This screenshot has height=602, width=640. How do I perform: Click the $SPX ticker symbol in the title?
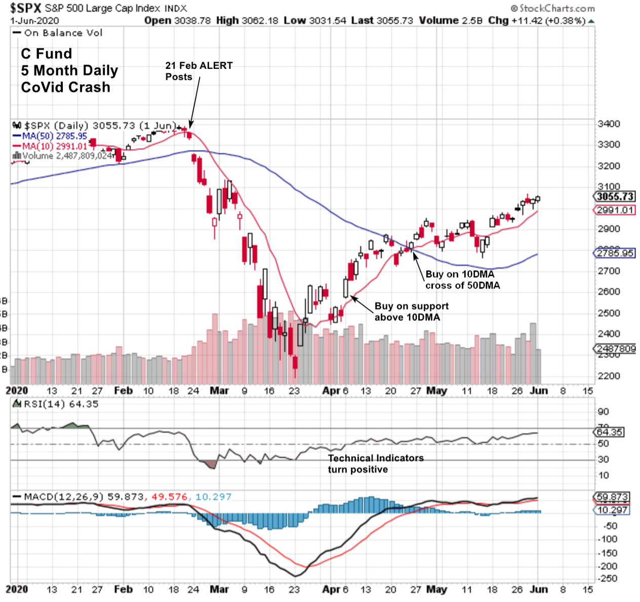[25, 8]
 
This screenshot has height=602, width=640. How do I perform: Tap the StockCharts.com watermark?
[553, 8]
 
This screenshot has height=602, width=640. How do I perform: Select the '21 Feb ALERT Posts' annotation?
[198, 71]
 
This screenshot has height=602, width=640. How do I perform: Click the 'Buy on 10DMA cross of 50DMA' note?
[462, 279]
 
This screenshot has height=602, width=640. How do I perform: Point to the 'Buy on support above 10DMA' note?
[411, 311]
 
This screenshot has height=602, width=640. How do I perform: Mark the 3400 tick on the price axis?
[609, 124]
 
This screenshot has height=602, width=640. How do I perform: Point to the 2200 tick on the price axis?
[609, 376]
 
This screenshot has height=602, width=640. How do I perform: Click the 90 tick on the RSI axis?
[603, 412]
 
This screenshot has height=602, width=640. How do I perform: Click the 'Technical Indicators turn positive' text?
[375, 463]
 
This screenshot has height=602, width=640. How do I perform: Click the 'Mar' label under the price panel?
[219, 390]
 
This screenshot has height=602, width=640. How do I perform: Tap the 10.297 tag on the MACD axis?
[612, 510]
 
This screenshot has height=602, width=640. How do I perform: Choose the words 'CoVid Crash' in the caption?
[65, 87]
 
